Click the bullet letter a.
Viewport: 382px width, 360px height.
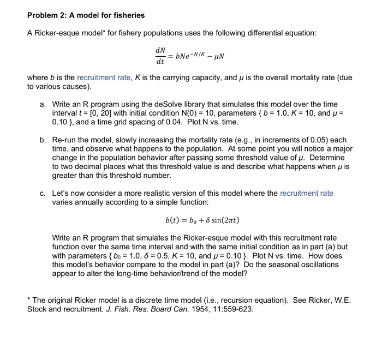[42, 104]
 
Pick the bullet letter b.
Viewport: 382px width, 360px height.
[42, 140]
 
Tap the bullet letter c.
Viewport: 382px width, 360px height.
[42, 193]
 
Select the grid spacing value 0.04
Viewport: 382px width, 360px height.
[172, 121]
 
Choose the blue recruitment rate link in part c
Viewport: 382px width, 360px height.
[306, 193]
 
